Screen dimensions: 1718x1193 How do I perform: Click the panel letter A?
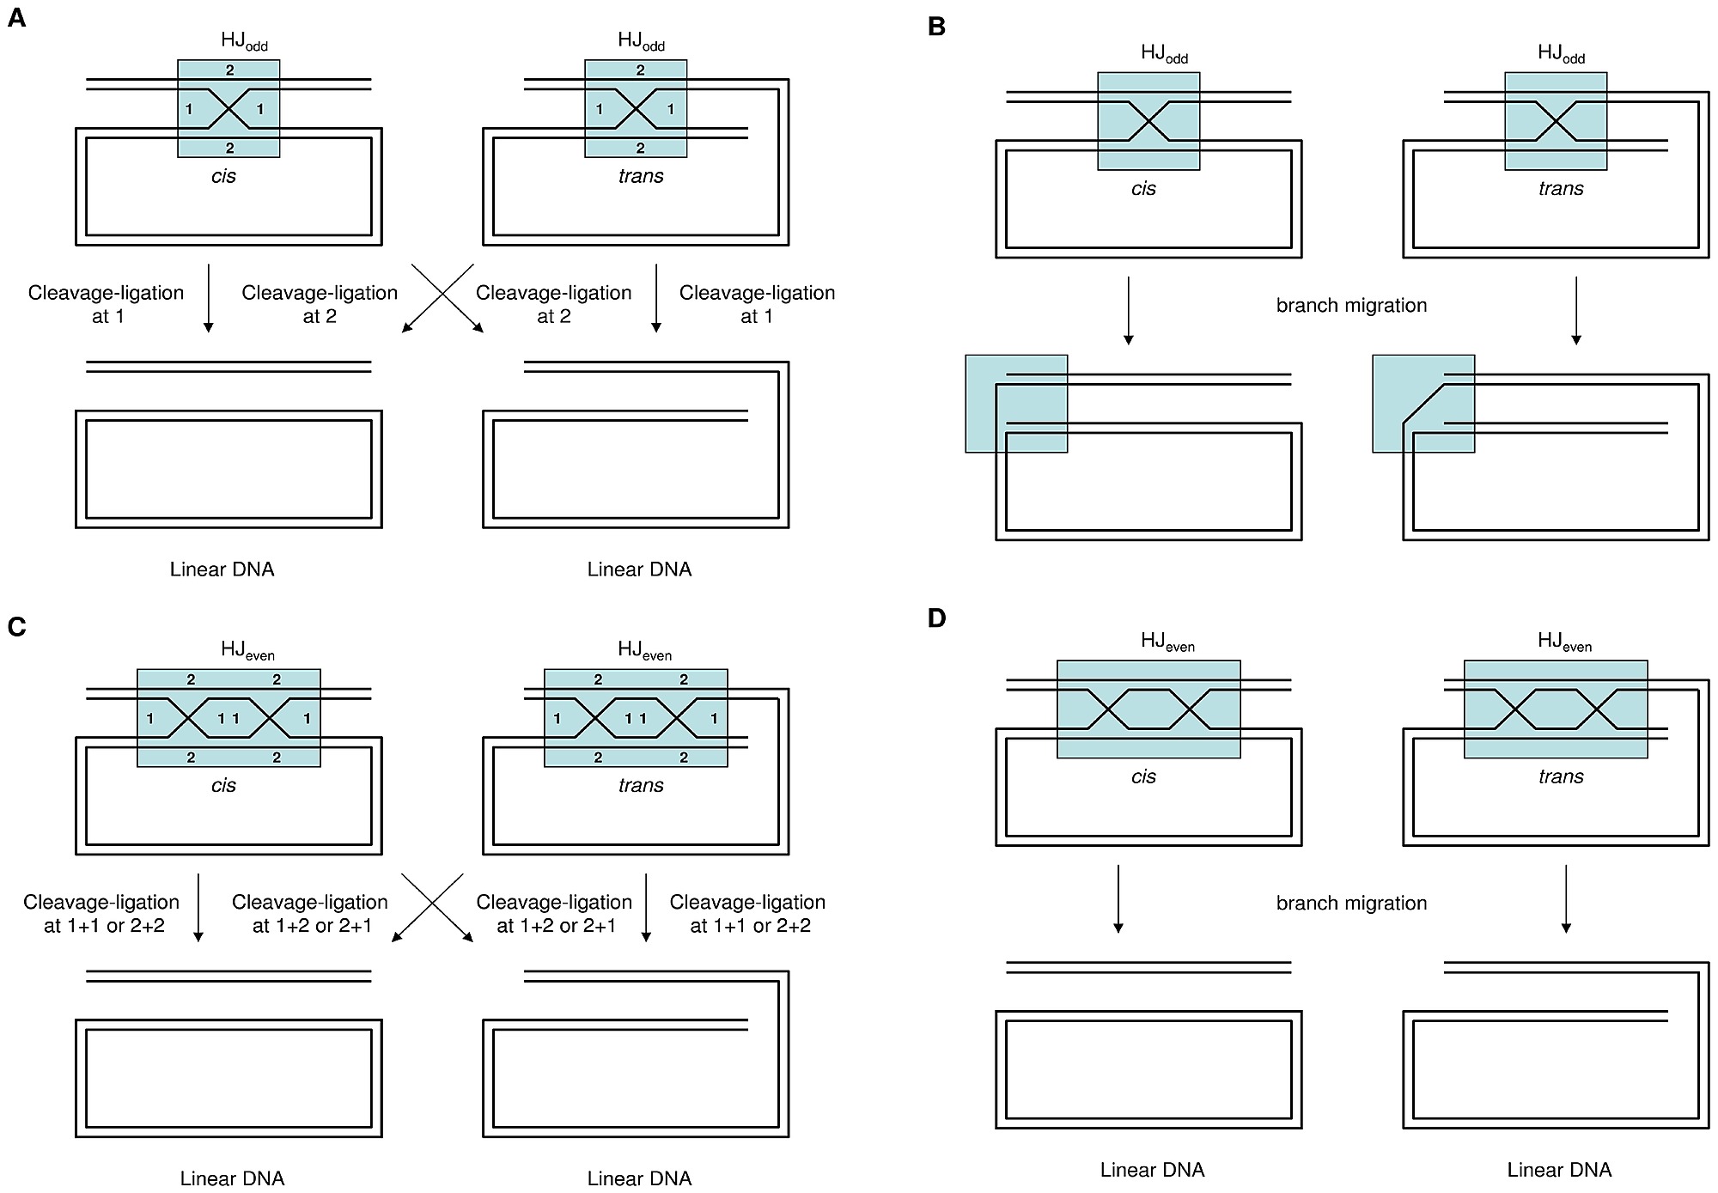point(16,18)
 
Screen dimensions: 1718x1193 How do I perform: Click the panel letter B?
point(937,27)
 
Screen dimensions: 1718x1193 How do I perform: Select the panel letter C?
point(16,627)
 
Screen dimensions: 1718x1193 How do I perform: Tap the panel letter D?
point(937,618)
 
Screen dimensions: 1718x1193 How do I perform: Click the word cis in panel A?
point(223,176)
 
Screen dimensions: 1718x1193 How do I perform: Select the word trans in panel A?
point(641,176)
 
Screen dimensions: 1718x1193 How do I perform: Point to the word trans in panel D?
point(1561,776)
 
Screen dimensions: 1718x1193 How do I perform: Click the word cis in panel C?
point(223,785)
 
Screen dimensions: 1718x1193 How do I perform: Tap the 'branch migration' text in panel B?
point(1351,306)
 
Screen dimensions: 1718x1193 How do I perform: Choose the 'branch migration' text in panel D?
point(1351,904)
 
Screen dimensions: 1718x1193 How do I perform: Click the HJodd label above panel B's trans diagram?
point(1561,54)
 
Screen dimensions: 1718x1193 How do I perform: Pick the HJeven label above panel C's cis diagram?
point(247,651)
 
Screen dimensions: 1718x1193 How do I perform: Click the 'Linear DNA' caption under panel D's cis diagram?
point(1152,1170)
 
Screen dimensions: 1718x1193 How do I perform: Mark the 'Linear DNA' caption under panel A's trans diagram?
point(639,569)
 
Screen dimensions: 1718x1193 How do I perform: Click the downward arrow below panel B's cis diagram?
point(1128,311)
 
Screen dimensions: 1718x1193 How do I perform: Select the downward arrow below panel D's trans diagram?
point(1566,898)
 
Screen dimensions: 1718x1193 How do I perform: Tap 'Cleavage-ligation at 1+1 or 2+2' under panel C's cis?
point(101,914)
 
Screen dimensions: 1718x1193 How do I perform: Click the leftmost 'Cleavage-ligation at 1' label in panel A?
point(106,305)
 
